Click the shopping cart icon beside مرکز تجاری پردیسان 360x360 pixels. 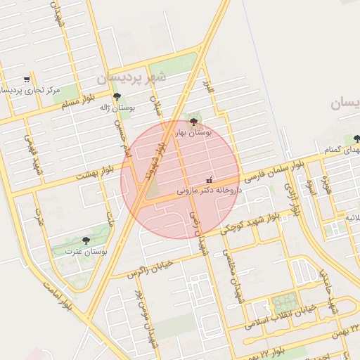pyautogui.click(x=27, y=79)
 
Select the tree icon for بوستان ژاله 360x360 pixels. pyautogui.click(x=117, y=96)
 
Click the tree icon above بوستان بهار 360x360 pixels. pyautogui.click(x=194, y=121)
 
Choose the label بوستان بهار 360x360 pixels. pyautogui.click(x=194, y=132)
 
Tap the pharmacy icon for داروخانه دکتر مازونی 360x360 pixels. pyautogui.click(x=208, y=180)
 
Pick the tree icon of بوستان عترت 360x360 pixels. pyautogui.click(x=86, y=240)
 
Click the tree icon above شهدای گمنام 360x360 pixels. pyautogui.click(x=358, y=138)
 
